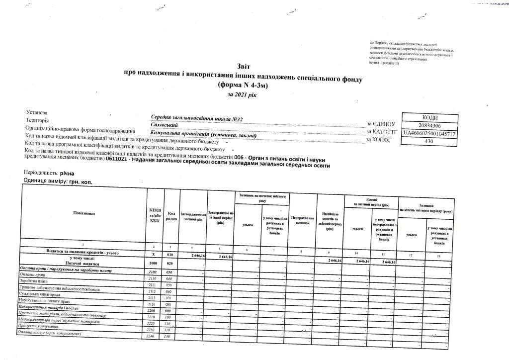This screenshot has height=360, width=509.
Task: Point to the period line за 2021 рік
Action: point(242,94)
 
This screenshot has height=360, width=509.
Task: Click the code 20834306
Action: point(429,125)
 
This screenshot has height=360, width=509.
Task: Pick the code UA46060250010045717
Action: point(429,134)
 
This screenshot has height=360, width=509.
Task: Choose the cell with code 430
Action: point(429,142)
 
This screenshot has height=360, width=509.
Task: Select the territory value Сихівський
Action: point(165,125)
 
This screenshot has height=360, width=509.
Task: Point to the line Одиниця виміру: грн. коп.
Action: point(58,181)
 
